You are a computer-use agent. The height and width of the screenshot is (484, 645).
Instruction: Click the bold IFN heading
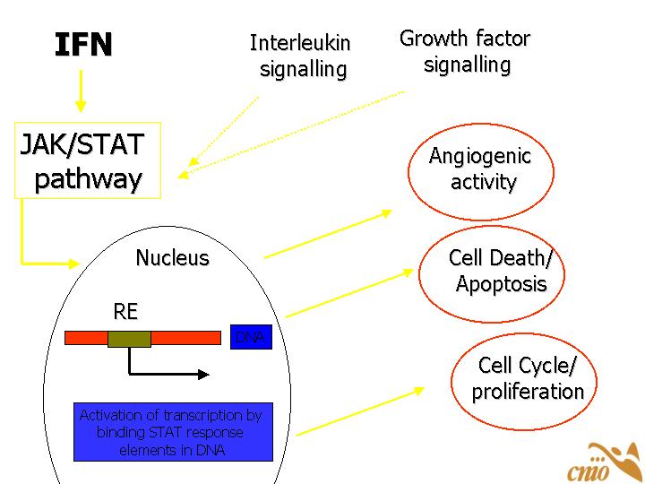[x=83, y=45]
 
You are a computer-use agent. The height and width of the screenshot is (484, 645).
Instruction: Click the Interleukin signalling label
[x=300, y=56]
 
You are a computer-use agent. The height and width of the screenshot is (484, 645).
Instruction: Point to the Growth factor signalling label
[x=465, y=51]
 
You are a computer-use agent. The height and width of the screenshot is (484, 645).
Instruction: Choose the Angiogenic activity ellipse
[x=481, y=169]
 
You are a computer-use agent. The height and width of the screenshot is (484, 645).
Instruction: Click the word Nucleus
[x=172, y=258]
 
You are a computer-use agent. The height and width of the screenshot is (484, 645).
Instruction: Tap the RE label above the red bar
[x=125, y=312]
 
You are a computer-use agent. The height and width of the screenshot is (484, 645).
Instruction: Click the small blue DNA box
[x=251, y=337]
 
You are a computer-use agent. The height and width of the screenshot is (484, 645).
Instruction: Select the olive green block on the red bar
[x=129, y=338]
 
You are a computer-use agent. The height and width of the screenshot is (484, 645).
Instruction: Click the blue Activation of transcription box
[x=173, y=432]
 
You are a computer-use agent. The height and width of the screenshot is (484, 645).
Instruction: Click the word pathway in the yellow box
[x=88, y=179]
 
